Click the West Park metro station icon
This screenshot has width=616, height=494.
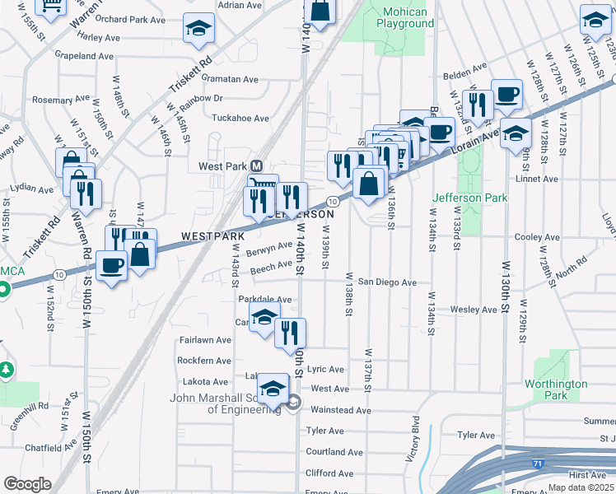click(x=257, y=165)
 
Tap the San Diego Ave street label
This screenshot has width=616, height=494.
click(x=387, y=282)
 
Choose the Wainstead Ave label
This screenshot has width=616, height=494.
click(x=341, y=409)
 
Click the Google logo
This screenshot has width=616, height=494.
click(x=27, y=484)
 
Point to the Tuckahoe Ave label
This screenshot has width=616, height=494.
click(x=240, y=119)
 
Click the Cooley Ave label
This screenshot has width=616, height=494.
click(x=536, y=237)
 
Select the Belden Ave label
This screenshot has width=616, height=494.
click(x=466, y=74)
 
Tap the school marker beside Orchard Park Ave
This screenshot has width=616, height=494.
click(x=198, y=30)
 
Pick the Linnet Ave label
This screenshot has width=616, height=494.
click(x=536, y=178)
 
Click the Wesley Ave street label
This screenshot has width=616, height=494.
click(x=474, y=310)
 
